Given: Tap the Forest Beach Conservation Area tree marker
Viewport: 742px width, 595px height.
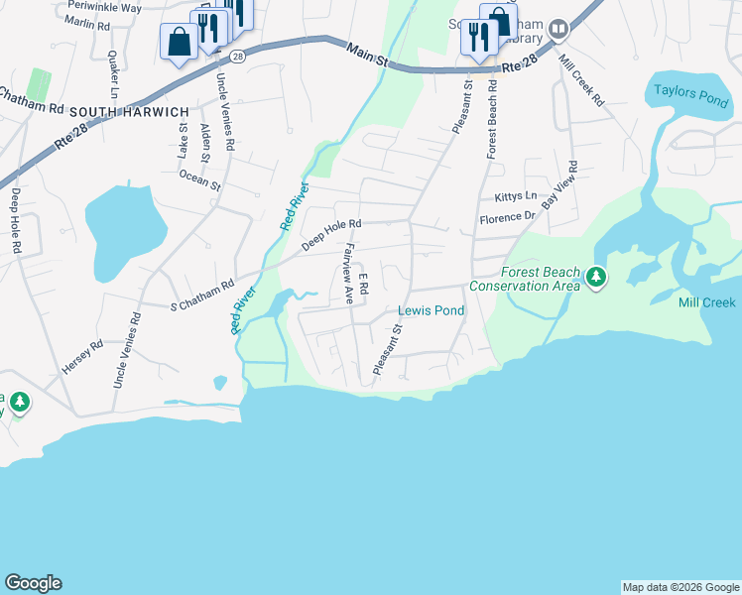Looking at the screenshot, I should pyautogui.click(x=596, y=279).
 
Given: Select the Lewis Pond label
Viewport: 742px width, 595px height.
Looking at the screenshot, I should pyautogui.click(x=431, y=310).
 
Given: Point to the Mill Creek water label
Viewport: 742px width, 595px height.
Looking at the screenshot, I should pyautogui.click(x=706, y=302).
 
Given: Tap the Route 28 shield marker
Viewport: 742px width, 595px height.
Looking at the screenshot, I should pyautogui.click(x=237, y=57).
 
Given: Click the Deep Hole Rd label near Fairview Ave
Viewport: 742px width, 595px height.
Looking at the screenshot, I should pyautogui.click(x=331, y=236).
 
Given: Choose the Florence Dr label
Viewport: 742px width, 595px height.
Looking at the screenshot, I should pyautogui.click(x=507, y=216).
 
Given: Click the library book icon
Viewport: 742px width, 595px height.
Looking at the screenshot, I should pyautogui.click(x=558, y=29).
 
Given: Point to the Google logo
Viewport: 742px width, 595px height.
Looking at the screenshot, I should pyautogui.click(x=34, y=583).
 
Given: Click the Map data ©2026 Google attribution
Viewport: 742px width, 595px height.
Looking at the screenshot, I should pyautogui.click(x=680, y=587).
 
